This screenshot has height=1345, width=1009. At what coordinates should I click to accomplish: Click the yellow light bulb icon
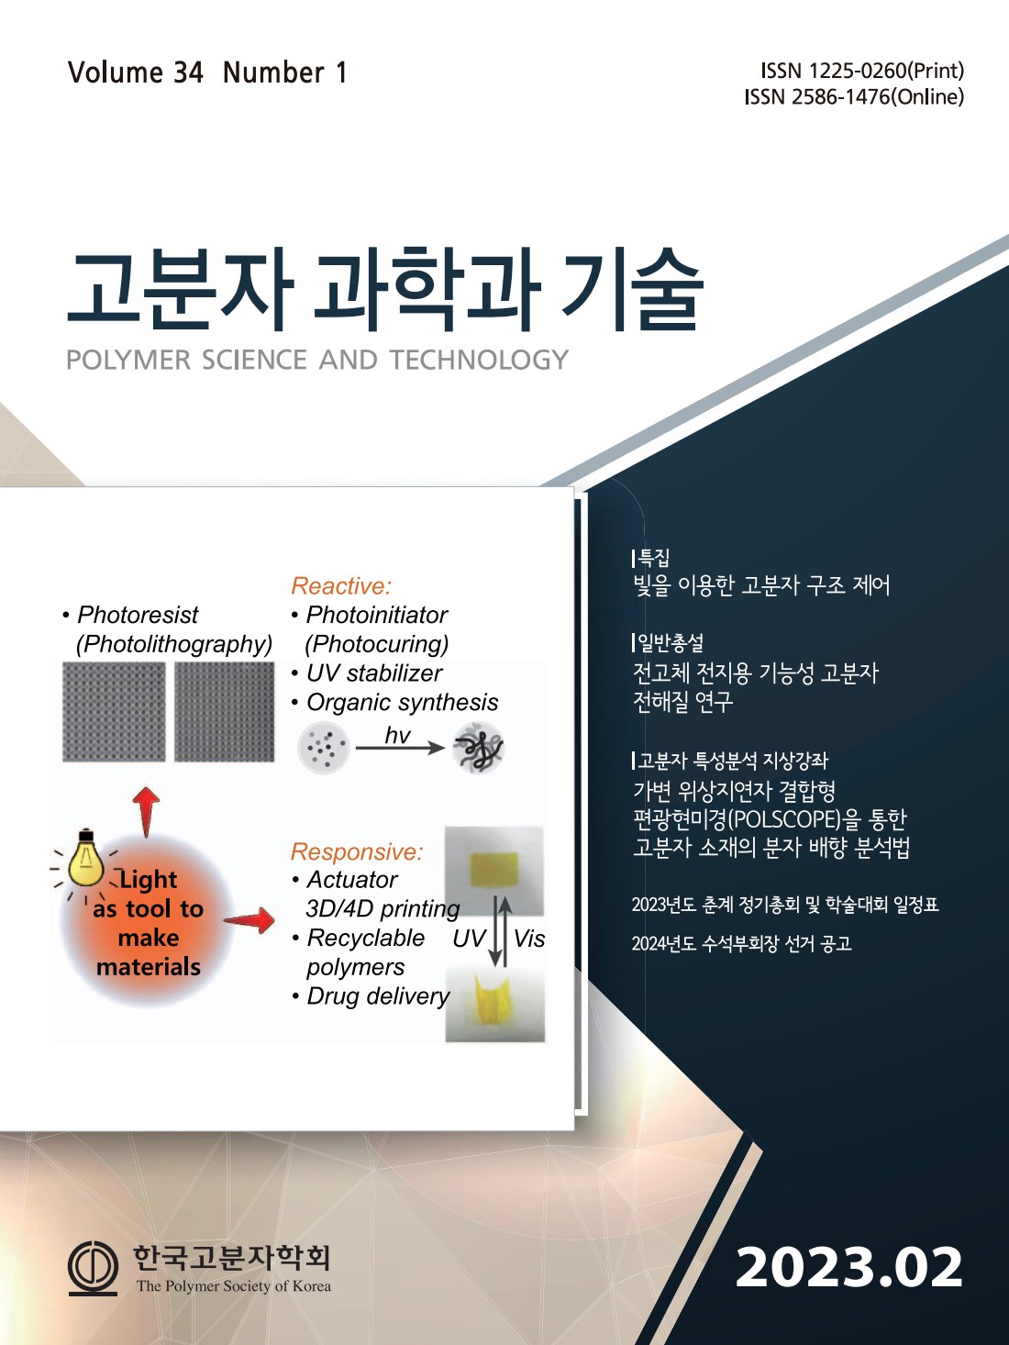[86, 859]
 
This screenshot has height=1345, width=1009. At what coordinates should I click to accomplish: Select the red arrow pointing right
[249, 920]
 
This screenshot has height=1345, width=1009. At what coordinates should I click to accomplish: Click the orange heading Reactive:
[340, 585]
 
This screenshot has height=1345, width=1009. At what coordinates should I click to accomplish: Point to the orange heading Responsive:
[357, 851]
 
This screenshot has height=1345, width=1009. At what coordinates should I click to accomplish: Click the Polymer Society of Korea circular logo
[93, 1269]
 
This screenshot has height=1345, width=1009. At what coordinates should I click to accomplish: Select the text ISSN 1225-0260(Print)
[862, 71]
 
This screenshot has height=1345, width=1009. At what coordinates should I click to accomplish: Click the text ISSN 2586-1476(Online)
[854, 97]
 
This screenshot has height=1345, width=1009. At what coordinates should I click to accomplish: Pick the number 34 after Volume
[188, 72]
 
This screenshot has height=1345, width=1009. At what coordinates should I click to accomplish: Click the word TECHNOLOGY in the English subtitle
[480, 360]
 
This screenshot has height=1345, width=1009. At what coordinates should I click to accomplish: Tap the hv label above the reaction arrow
[397, 735]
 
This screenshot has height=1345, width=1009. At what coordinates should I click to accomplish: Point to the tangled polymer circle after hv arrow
[478, 747]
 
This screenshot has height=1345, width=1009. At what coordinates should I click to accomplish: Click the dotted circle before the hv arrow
[324, 747]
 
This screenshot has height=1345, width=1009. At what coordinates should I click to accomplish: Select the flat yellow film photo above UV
[493, 871]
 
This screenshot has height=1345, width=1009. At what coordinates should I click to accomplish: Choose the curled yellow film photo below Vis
[495, 1002]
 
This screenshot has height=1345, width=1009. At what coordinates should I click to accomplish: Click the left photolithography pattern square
[114, 712]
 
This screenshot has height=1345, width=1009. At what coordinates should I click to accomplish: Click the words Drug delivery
[378, 996]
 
